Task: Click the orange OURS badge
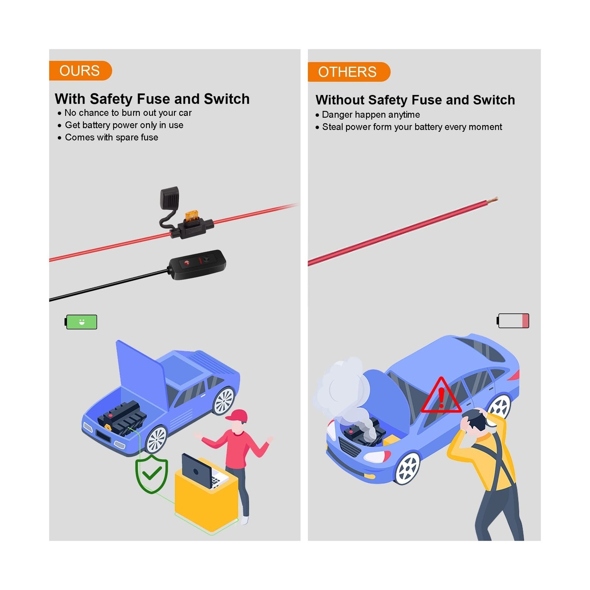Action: pyautogui.click(x=80, y=70)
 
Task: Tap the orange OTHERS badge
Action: pyautogui.click(x=348, y=72)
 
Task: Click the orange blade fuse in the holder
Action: pyautogui.click(x=191, y=216)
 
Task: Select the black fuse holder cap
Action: pyautogui.click(x=170, y=198)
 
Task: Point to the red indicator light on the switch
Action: pyautogui.click(x=187, y=263)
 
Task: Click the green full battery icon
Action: pyautogui.click(x=81, y=322)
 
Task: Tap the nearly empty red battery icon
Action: pyautogui.click(x=513, y=321)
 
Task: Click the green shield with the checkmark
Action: pyautogui.click(x=152, y=474)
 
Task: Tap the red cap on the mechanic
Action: pyautogui.click(x=237, y=416)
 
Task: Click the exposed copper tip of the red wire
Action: pyautogui.click(x=492, y=200)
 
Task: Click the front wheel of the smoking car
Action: pyautogui.click(x=407, y=468)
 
